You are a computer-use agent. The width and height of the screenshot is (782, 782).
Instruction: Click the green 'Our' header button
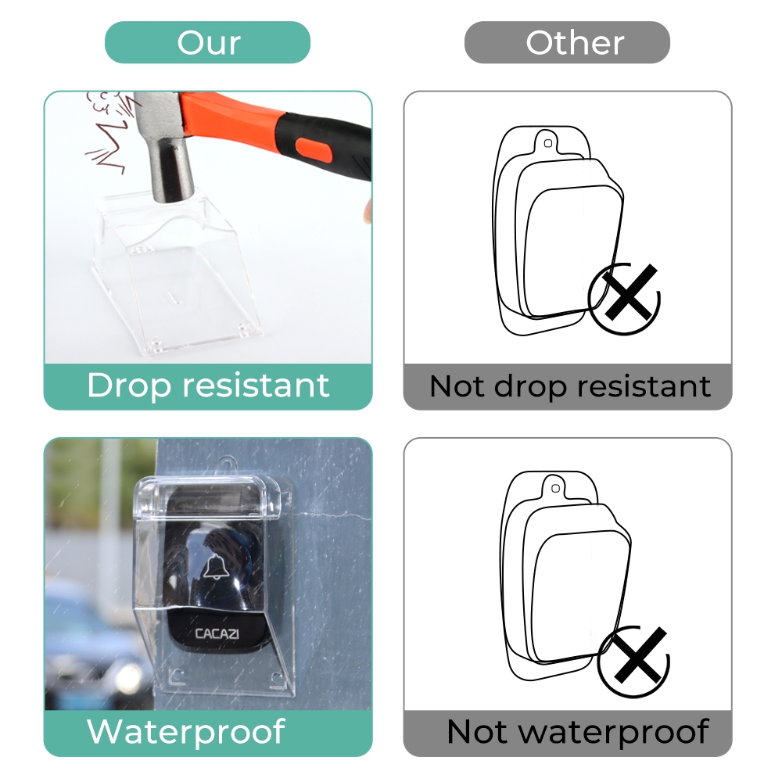point(207,42)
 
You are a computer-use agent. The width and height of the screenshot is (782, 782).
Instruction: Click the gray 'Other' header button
point(567,42)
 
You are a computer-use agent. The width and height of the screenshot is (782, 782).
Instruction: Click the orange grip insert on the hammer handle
point(314,151)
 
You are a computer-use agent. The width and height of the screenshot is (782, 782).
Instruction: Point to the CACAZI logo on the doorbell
point(217,634)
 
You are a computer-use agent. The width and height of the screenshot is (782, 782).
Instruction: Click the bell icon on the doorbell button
point(217,566)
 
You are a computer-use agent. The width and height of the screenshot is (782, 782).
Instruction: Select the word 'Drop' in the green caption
point(129,386)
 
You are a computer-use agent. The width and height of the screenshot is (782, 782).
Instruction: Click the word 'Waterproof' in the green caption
point(186,732)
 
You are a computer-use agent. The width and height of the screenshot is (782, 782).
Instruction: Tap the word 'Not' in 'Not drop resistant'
point(457,386)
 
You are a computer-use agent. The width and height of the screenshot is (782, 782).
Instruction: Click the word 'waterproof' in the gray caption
point(615,733)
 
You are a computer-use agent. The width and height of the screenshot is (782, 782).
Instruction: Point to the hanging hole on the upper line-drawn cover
point(547,144)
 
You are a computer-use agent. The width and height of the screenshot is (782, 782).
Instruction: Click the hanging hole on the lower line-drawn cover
point(555,489)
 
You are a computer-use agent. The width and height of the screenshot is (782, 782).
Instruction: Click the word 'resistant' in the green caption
point(256,385)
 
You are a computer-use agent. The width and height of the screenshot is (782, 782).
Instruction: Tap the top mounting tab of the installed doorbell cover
point(227,465)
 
